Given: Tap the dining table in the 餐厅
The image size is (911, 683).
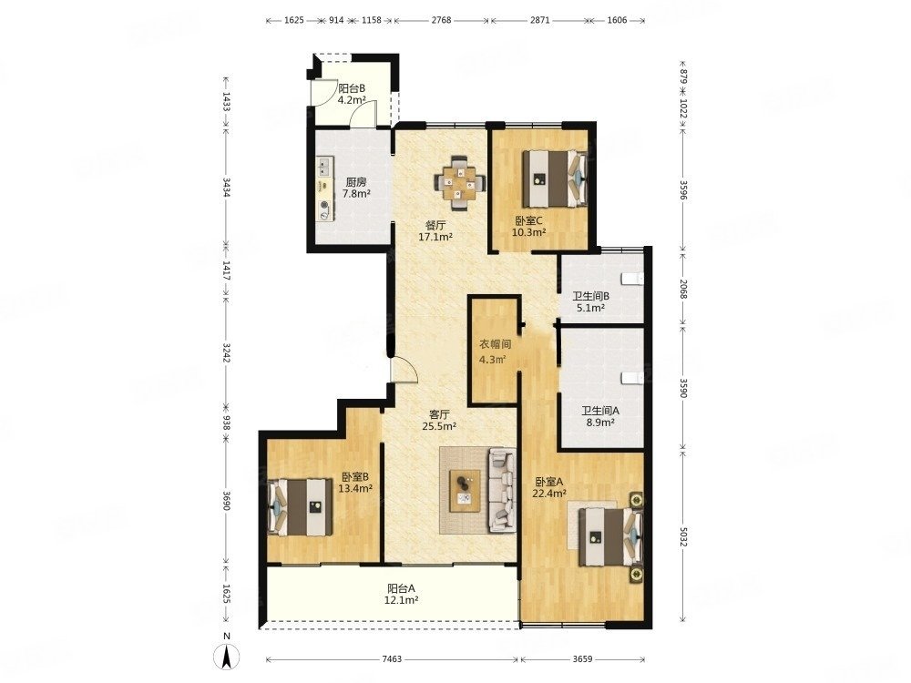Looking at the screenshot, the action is pos(459,182).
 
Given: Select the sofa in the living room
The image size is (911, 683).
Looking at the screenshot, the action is pos(503,490).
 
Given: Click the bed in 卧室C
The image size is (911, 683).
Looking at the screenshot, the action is pos(555,178).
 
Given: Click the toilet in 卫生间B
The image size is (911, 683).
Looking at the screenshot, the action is pos(632,279).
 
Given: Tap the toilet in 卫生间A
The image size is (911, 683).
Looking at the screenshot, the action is pos(632,378).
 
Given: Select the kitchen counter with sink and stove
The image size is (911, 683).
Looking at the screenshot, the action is pos(325,189).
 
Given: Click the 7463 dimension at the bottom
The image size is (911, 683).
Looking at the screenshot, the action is pos(392,659).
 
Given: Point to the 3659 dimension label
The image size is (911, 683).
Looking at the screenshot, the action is pos(583,659).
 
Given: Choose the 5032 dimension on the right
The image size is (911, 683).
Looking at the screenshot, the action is pos(683,535).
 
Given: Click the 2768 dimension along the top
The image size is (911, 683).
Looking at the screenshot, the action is pos(442,20).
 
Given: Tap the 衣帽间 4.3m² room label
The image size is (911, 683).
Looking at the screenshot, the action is pos(495,352).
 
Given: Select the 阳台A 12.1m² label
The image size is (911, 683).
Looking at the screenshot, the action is pos(402,594).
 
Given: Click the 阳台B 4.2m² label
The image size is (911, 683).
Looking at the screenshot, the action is pos(352,94).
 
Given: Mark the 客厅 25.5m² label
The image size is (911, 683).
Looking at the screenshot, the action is pos(439,421).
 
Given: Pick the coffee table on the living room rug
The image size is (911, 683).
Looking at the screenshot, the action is pos(465,490).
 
